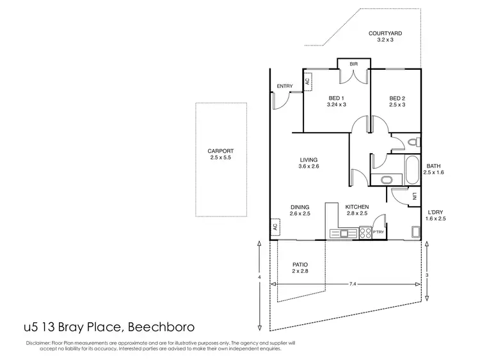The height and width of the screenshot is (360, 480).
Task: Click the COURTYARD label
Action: click(384, 33)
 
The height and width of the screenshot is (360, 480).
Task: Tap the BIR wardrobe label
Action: click(353, 65)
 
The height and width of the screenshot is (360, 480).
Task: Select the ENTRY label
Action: click(284, 86)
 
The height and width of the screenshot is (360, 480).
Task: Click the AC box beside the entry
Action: click(308, 81)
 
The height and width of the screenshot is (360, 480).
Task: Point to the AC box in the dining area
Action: click(275, 227)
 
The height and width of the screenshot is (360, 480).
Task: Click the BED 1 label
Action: click(337, 98)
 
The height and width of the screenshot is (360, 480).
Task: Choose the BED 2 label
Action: click(397, 98)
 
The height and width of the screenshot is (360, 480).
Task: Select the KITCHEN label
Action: click(356, 207)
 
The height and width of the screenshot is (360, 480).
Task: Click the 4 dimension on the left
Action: click(260, 277)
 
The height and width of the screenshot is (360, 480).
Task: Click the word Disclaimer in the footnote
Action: click(38, 343)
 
